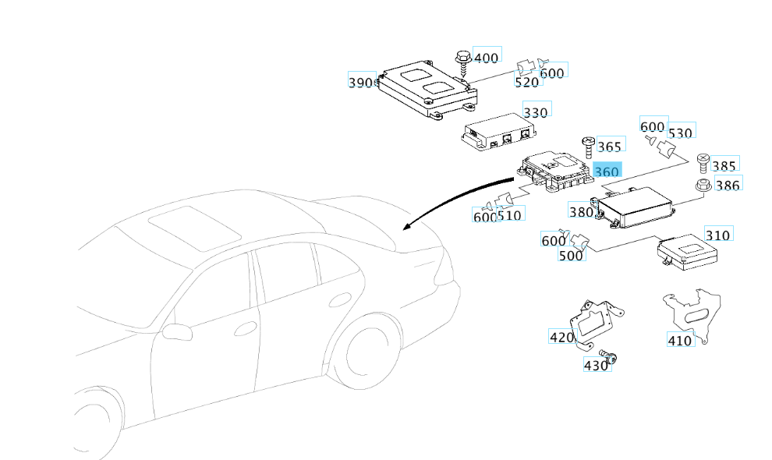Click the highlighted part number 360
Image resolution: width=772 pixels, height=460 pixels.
(607, 172)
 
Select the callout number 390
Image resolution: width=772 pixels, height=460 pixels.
(362, 82)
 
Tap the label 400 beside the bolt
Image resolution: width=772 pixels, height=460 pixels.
(486, 58)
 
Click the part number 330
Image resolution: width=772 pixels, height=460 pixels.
(536, 112)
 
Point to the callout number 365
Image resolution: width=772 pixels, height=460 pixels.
(610, 146)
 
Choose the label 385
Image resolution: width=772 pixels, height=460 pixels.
(724, 165)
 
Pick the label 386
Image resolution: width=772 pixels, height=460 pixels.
(728, 186)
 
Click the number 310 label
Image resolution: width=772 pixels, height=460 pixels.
(717, 235)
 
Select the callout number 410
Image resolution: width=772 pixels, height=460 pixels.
(679, 340)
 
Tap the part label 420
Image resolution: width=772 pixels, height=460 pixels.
(561, 337)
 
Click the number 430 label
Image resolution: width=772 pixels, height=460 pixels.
(596, 364)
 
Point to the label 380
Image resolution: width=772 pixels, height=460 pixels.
(581, 211)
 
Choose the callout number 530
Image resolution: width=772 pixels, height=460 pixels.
(680, 133)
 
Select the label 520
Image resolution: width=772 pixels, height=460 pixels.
(526, 81)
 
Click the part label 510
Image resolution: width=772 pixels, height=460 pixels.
(510, 214)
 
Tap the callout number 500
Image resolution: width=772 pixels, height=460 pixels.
(572, 255)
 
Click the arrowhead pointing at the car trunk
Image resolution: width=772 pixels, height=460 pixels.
(406, 227)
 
